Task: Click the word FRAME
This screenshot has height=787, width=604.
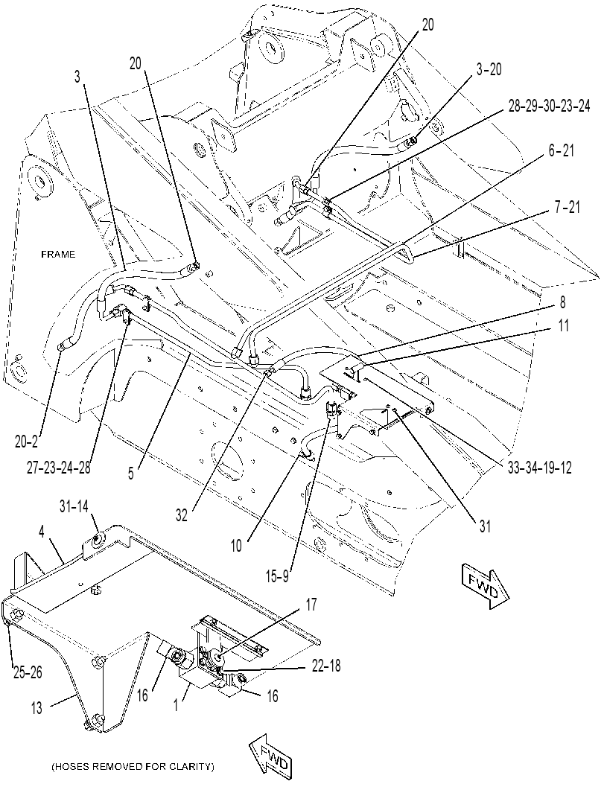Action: coord(58,255)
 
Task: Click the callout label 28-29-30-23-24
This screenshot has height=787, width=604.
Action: coord(549,107)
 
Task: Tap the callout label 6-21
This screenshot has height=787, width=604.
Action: coord(561,151)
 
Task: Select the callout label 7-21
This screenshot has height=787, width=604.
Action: coord(566,207)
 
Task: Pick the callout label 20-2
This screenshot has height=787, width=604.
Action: coord(27,442)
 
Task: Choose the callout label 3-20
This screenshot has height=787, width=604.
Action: coord(488,70)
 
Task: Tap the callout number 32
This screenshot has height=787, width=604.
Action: coord(182,515)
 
